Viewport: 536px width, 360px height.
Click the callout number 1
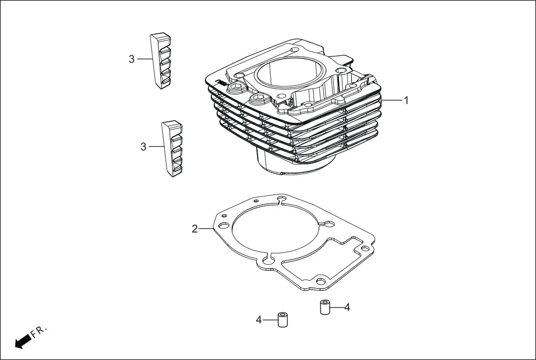tap(406, 100)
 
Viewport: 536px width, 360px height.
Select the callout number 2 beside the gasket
tap(194, 229)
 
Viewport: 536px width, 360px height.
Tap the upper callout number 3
tap(132, 59)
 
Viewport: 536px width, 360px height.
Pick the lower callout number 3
tap(143, 147)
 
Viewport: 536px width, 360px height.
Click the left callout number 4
tap(259, 320)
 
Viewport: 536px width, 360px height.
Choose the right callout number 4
tap(347, 307)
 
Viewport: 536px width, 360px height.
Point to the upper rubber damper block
tap(160, 61)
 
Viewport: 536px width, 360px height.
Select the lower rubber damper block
tap(172, 149)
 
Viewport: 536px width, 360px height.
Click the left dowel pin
tap(283, 320)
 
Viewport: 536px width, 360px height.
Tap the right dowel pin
tap(326, 307)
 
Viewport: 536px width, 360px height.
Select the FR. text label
tap(39, 332)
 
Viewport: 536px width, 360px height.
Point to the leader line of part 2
tap(207, 229)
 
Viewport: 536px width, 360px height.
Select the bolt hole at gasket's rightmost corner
tap(365, 248)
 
